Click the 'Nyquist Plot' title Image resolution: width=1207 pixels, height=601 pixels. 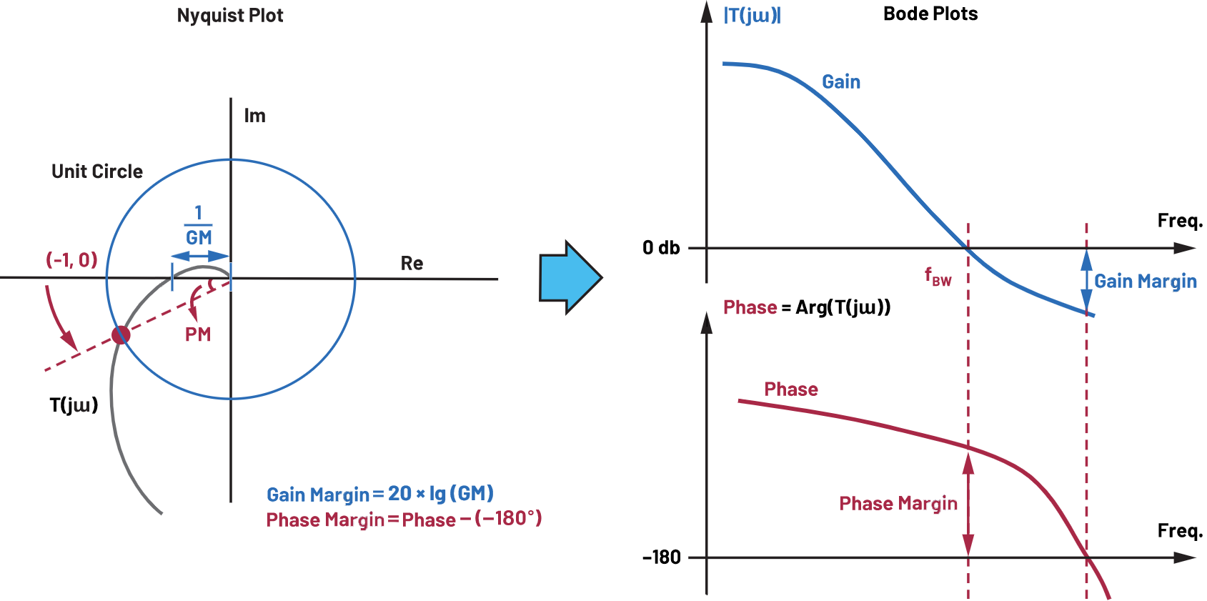(230, 16)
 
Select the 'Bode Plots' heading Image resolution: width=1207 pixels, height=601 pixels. (930, 14)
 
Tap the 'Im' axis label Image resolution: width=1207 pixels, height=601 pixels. (254, 116)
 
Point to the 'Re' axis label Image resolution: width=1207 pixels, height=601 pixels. (412, 264)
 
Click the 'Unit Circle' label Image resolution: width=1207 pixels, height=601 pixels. (97, 172)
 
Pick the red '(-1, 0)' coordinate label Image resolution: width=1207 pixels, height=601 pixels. (71, 259)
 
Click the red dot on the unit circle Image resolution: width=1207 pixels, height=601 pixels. (121, 334)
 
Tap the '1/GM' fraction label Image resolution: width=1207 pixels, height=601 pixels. (199, 226)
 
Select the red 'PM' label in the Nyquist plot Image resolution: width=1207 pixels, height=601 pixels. (198, 334)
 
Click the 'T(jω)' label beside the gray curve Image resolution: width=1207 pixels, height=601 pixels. (74, 405)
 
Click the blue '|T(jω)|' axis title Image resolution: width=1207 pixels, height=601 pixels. (752, 16)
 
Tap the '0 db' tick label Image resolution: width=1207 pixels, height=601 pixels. (661, 248)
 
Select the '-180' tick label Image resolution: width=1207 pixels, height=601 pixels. (662, 557)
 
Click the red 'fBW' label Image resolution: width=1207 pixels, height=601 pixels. (938, 277)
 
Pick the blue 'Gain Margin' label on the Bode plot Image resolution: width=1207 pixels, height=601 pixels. (1146, 282)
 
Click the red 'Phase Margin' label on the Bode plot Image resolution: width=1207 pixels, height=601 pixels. (898, 504)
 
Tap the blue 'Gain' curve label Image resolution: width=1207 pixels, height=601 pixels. (841, 82)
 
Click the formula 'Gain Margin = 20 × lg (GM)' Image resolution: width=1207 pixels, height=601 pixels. (380, 494)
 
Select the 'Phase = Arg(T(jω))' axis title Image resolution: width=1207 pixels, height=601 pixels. (807, 307)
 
